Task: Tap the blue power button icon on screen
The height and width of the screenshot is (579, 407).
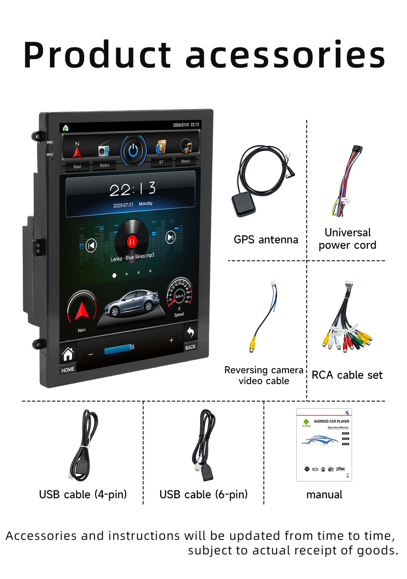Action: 133,150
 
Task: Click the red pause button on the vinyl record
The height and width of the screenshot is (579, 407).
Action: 132,241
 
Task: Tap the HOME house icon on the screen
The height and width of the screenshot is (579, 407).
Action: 68,354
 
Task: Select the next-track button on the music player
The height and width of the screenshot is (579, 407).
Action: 171,237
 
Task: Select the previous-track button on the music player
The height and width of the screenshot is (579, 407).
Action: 91,245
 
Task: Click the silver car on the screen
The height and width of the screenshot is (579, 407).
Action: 132,303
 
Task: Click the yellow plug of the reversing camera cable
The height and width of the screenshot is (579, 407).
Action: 252,344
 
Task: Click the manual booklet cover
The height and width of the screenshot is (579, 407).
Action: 324,444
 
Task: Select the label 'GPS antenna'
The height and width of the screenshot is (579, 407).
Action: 266,240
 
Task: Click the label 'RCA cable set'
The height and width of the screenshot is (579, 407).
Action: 347,375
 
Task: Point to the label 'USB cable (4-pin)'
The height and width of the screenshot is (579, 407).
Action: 83,494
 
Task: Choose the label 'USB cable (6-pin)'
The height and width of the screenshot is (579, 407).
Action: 203,494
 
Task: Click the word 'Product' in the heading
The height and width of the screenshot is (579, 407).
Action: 97,55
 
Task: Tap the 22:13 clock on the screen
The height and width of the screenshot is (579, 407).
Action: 132,190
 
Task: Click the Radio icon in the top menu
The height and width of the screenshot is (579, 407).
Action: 104,150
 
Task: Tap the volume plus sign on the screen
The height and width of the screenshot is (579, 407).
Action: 171,340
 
